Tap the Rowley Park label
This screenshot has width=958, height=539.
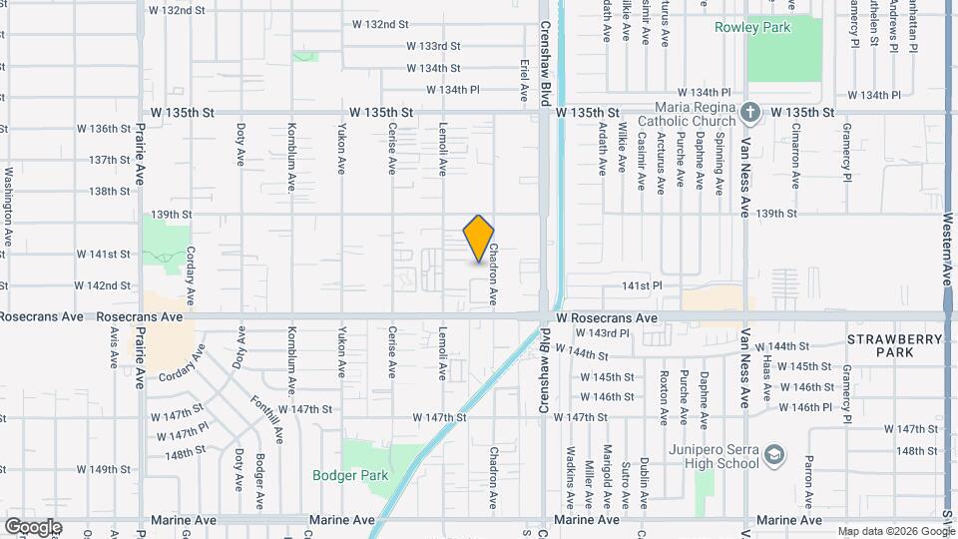click(751, 27)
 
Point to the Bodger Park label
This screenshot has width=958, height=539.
click(349, 475)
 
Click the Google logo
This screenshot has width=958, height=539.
click(33, 526)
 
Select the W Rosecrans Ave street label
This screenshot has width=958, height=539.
click(608, 317)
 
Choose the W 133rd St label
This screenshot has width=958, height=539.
click(433, 46)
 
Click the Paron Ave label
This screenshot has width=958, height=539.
click(808, 480)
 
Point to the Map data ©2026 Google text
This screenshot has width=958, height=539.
click(894, 531)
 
